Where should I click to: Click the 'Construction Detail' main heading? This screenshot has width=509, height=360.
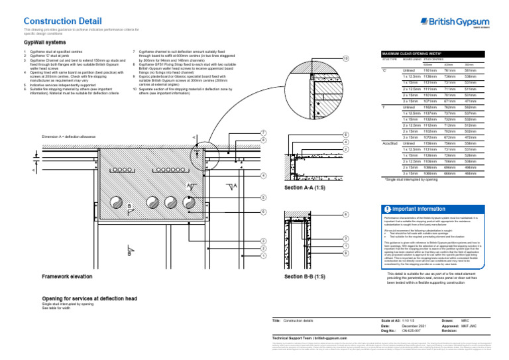pyautogui.click(x=60, y=21)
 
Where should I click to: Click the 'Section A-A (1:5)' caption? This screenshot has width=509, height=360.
pyautogui.click(x=304, y=188)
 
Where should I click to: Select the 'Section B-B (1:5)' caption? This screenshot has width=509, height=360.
pyautogui.click(x=304, y=275)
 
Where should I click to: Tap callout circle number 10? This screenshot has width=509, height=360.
pyautogui.click(x=346, y=59)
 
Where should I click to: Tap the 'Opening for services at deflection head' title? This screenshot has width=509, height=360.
pyautogui.click(x=89, y=299)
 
